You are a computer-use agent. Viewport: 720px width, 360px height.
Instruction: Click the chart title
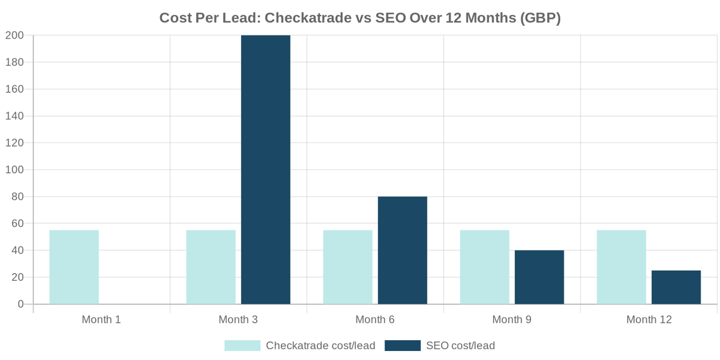coord(360,18)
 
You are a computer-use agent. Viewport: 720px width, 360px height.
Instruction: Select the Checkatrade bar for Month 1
coord(74,267)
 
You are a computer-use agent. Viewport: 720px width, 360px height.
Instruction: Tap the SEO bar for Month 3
coord(266,170)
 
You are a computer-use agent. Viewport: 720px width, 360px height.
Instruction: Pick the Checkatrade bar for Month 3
coord(211,267)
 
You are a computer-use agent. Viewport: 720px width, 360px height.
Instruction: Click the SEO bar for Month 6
coord(403,250)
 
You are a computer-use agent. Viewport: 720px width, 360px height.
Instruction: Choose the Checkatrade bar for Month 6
coord(347,267)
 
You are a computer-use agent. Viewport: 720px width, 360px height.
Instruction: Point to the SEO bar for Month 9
coord(539,277)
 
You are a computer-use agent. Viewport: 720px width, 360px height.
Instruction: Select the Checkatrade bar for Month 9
coord(484,267)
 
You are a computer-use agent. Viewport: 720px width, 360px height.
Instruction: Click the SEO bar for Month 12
coord(676,287)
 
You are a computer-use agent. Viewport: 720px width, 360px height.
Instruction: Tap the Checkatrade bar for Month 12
coord(621,267)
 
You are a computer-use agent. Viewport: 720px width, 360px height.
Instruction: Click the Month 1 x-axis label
coord(101,320)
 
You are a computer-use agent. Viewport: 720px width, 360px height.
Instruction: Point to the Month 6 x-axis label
coord(375,320)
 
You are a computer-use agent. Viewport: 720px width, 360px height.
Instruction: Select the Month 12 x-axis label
coord(649,320)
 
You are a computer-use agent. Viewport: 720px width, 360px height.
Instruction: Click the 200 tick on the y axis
coord(15,35)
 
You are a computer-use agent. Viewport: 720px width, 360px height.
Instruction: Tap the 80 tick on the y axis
coord(17,197)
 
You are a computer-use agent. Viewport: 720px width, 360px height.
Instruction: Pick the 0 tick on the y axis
coord(21,304)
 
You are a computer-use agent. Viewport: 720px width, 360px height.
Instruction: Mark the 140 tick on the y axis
coord(15,116)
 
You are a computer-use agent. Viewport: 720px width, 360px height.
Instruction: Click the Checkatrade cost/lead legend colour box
coord(242,346)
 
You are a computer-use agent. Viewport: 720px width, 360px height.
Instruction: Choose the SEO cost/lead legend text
coord(460,346)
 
